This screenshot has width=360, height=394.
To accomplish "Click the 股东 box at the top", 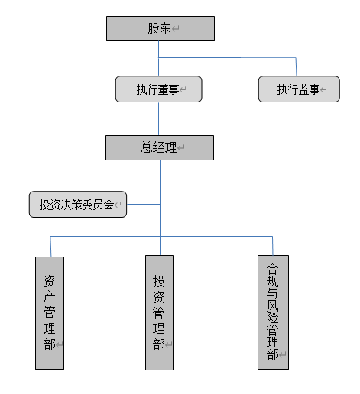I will click(160, 29).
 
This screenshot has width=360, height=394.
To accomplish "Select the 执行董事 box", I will click(158, 89).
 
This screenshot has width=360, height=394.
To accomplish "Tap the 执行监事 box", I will click(298, 89).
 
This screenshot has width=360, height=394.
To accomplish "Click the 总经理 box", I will click(160, 147).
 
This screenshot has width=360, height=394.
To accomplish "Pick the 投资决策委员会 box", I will click(77, 205).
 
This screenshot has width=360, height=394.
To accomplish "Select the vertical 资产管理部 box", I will click(50, 312).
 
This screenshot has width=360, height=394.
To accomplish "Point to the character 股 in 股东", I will click(154, 29).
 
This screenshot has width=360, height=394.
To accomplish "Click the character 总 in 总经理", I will click(147, 147).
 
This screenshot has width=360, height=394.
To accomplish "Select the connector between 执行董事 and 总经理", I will click(159, 118).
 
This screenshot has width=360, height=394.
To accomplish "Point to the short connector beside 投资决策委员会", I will click(143, 204).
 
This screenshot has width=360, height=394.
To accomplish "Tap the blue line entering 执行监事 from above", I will click(297, 66).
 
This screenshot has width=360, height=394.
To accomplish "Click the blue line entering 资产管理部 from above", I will click(50, 246).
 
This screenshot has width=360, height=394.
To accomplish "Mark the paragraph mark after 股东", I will click(176, 30).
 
